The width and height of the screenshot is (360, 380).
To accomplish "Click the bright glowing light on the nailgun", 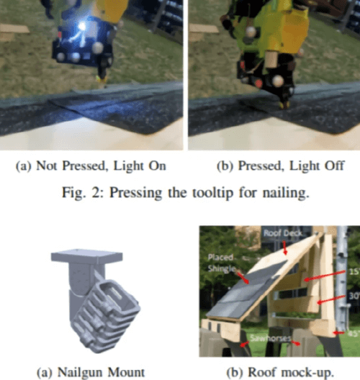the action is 82,26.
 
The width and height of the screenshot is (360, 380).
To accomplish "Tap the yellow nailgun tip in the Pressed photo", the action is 284,105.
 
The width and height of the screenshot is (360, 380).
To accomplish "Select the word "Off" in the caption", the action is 335,166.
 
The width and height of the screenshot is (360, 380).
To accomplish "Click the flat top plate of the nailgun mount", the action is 86,256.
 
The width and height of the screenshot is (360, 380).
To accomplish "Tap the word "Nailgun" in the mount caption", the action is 81,372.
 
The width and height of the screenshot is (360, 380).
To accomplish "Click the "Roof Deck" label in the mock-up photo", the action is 283,233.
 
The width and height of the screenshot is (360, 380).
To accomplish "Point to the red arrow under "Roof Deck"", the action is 285,248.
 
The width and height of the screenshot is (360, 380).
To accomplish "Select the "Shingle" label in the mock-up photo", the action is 222,268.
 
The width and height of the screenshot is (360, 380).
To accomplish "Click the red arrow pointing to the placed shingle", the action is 243,278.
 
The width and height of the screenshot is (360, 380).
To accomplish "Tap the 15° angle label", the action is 354,271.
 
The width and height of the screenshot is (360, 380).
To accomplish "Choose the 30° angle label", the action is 354,296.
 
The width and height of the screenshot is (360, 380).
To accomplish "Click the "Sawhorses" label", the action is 270,338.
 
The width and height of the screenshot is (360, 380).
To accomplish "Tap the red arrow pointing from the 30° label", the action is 331,299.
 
